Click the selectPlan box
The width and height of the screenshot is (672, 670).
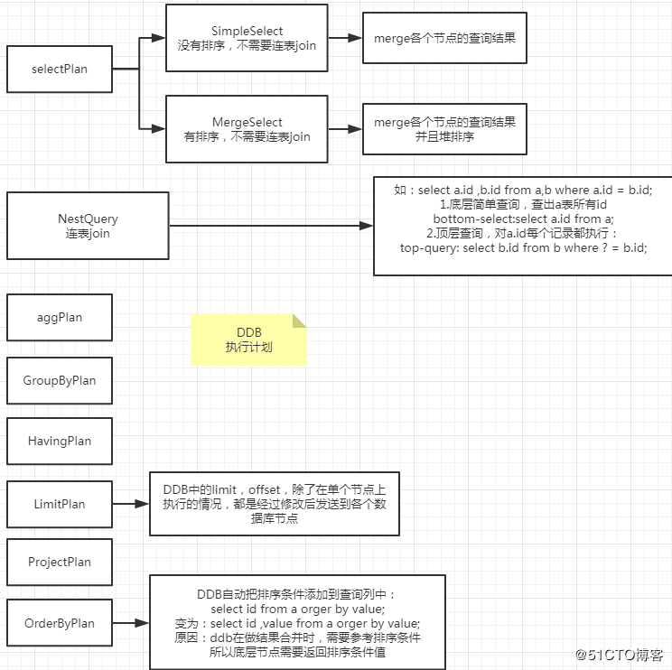pyautogui.click(x=60, y=69)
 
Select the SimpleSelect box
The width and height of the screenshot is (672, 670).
pyautogui.click(x=247, y=39)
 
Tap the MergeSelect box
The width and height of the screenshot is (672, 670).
pyautogui.click(x=247, y=129)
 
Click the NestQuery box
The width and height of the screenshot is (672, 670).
pyautogui.click(x=88, y=226)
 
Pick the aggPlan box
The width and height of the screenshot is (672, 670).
pyautogui.click(x=60, y=318)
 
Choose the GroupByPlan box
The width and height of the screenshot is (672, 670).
pyautogui.click(x=60, y=380)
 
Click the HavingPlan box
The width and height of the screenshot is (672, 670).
pyautogui.click(x=60, y=442)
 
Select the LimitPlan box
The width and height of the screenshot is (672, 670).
pyautogui.click(x=60, y=504)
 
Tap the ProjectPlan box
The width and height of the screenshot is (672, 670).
pyautogui.click(x=60, y=562)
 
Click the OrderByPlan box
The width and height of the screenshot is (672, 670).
pyautogui.click(x=60, y=623)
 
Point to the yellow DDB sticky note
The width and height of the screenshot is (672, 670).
pyautogui.click(x=248, y=340)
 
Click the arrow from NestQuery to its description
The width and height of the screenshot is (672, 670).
pyautogui.click(x=271, y=226)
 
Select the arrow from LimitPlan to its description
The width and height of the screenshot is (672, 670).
pyautogui.click(x=131, y=504)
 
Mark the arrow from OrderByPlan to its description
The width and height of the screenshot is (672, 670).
pyautogui.click(x=131, y=623)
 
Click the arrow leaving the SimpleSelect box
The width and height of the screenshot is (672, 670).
pyautogui.click(x=344, y=39)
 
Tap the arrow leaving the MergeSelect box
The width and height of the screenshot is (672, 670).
pyautogui.click(x=344, y=129)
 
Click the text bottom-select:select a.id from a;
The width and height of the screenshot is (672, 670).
pyautogui.click(x=523, y=219)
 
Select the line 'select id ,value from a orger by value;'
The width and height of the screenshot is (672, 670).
pyautogui.click(x=297, y=623)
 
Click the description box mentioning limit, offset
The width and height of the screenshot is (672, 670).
pyautogui.click(x=274, y=504)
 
